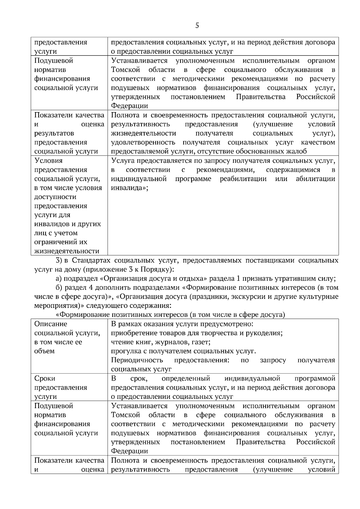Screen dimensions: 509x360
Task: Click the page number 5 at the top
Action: (x=197, y=25)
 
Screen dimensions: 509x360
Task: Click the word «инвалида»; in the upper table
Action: (x=129, y=188)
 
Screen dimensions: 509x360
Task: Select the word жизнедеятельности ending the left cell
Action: (x=67, y=251)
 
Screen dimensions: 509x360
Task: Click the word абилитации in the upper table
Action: (x=315, y=179)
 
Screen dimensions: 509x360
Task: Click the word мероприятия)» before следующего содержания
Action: (x=59, y=306)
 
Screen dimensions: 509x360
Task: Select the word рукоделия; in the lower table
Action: (x=267, y=333)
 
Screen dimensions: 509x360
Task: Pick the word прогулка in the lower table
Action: (x=124, y=351)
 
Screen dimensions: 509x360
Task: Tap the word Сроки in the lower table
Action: (x=45, y=379)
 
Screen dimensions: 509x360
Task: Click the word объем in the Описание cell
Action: (x=44, y=351)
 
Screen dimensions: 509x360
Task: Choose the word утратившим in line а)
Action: (x=302, y=278)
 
